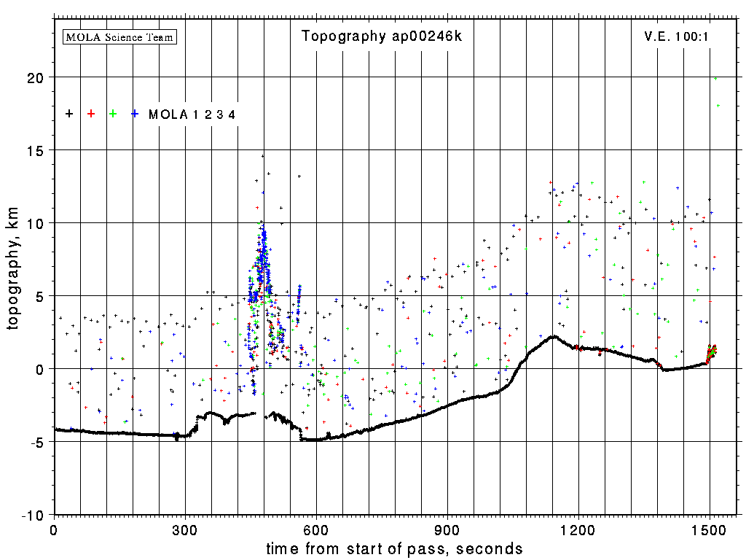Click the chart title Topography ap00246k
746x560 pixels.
click(382, 36)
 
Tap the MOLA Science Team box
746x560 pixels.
click(120, 36)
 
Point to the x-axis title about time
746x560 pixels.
click(394, 548)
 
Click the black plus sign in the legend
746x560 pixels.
click(69, 114)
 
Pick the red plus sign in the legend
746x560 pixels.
click(91, 114)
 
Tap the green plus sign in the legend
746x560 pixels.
click(113, 114)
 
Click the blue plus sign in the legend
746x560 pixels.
click(135, 114)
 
